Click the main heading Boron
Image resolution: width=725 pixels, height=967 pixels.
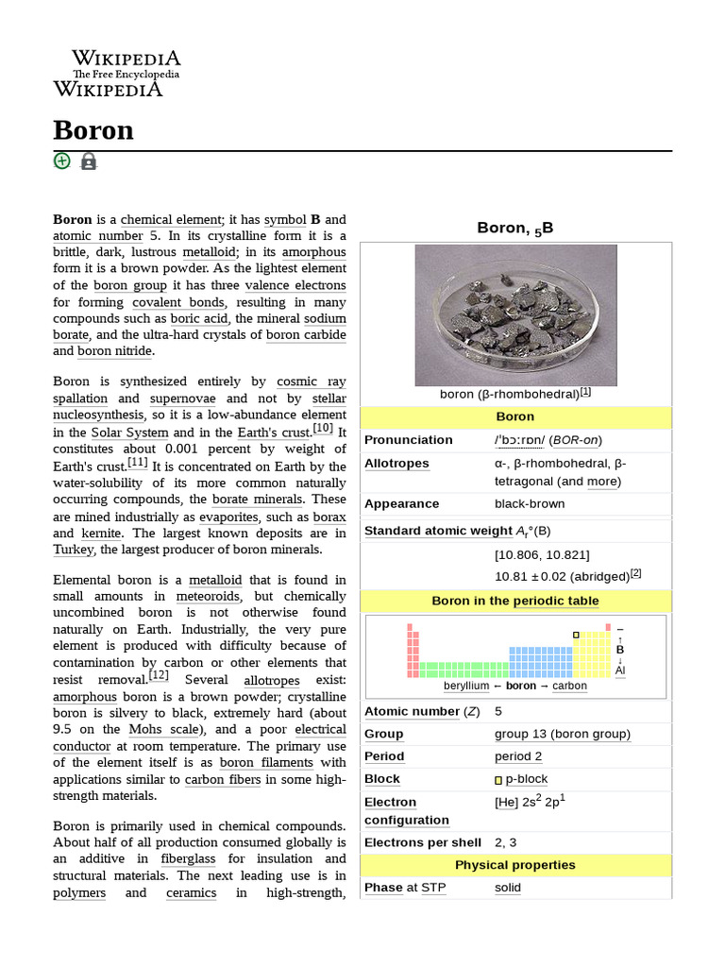93,129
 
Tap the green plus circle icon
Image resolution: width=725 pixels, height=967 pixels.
62,161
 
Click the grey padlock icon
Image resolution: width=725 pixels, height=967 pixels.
89,161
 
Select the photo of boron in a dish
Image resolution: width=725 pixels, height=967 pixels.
515,314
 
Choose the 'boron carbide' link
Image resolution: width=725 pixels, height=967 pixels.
306,334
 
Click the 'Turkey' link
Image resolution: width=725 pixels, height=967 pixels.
74,550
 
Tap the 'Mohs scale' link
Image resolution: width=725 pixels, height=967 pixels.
162,729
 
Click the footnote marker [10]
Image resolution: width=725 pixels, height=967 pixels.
323,428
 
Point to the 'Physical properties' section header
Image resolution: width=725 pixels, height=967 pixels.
514,865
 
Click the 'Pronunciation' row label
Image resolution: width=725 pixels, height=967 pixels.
408,440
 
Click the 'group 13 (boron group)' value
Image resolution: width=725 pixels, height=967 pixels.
562,734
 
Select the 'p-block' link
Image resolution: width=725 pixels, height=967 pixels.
526,779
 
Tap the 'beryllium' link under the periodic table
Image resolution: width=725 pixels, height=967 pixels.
460,687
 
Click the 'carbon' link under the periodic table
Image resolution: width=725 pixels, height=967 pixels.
569,687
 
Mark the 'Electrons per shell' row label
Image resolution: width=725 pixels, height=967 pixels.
422,842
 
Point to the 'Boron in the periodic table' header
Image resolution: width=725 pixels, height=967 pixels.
514,601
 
